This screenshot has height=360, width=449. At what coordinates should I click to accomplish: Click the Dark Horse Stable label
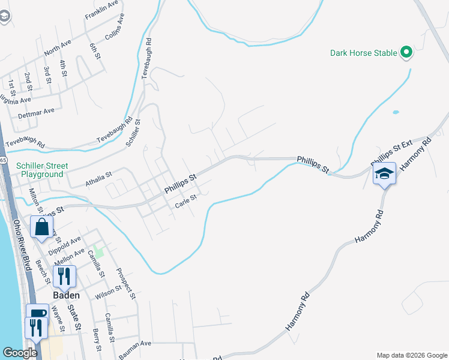click(x=364, y=53)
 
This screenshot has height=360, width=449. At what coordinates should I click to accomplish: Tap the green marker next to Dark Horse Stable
click(x=406, y=53)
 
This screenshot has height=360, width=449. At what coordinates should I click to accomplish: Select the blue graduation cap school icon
click(x=384, y=175)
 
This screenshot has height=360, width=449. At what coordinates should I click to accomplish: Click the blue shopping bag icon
click(x=41, y=227)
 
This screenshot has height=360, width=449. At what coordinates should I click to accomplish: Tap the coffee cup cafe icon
click(x=37, y=314)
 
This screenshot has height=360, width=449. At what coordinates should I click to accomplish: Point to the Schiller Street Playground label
click(x=42, y=170)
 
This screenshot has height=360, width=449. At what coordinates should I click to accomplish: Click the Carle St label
click(x=186, y=201)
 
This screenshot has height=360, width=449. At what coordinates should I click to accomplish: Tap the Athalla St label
click(x=98, y=178)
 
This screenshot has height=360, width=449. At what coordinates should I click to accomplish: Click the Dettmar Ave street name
click(x=36, y=111)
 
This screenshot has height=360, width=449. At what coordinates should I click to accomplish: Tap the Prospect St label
click(x=126, y=283)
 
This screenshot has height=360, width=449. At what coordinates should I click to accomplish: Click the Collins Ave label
click(x=114, y=28)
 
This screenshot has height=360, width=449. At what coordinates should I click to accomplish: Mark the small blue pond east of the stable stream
click(x=395, y=112)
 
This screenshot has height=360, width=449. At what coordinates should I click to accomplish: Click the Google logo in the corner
click(x=20, y=353)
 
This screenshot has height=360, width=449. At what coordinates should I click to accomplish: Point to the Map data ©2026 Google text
click(x=411, y=355)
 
